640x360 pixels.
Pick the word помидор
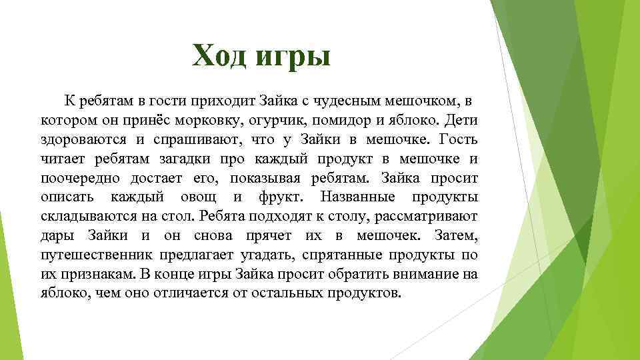point(357,121)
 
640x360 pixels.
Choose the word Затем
point(455,236)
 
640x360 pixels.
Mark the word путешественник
point(99,255)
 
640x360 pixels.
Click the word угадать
point(267,255)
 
